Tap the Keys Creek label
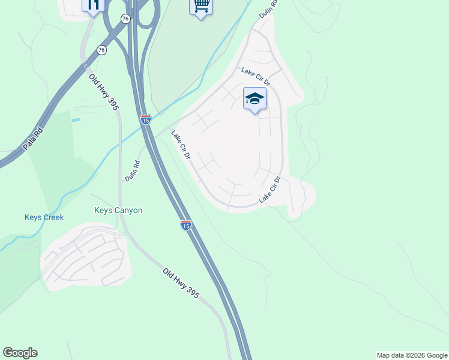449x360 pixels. [x=44, y=217]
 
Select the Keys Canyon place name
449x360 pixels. [x=118, y=210]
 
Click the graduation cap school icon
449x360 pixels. [x=255, y=99]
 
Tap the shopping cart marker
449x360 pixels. [x=200, y=7]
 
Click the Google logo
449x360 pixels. [x=20, y=353]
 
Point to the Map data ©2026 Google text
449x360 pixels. [x=412, y=355]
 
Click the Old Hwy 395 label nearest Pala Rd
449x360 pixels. [x=104, y=91]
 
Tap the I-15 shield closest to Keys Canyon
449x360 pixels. [x=186, y=225]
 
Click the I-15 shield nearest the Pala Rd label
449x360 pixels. [x=146, y=119]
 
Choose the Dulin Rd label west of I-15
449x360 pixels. [x=132, y=170]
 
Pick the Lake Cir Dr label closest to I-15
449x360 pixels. [x=181, y=146]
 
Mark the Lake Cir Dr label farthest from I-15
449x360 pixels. [x=270, y=189]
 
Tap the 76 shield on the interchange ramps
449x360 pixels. [x=125, y=19]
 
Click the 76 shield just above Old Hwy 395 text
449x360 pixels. [x=102, y=50]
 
